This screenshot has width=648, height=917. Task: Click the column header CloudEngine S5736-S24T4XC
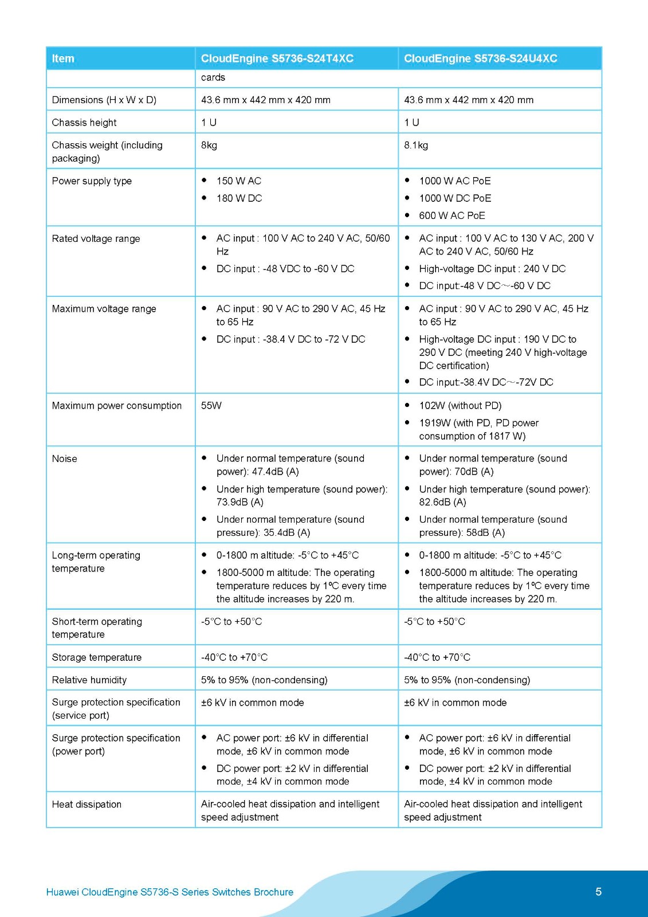(x=277, y=58)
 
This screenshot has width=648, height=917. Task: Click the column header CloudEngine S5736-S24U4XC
(x=480, y=58)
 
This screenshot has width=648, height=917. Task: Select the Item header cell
(x=63, y=58)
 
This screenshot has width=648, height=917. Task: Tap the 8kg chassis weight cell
(x=209, y=146)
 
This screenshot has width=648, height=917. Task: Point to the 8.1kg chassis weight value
(x=416, y=146)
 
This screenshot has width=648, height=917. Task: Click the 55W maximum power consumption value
(x=211, y=406)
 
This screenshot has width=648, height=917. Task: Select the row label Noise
(x=64, y=458)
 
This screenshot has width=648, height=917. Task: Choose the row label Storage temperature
(x=96, y=657)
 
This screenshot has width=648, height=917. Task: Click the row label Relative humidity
(x=89, y=680)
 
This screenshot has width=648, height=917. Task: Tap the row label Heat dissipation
(x=87, y=805)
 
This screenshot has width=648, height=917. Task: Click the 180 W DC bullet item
(x=239, y=198)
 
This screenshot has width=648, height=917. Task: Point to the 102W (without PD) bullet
(x=460, y=406)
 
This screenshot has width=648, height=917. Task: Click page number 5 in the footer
(x=598, y=892)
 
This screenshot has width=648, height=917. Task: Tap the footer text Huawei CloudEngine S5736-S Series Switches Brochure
(x=170, y=892)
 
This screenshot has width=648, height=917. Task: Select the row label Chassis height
(x=84, y=123)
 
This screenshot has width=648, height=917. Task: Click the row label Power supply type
(x=92, y=181)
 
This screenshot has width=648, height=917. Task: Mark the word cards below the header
(x=213, y=78)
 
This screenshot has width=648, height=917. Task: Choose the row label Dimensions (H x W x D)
(x=104, y=100)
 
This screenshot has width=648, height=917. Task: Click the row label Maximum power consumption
(x=116, y=406)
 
